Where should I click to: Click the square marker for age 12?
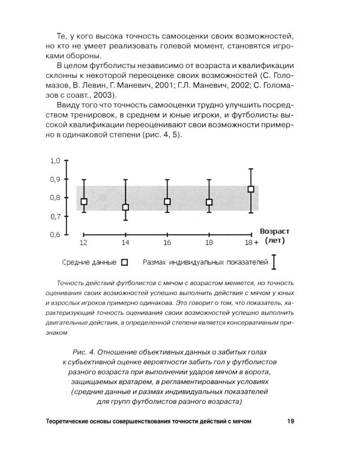point(84,202)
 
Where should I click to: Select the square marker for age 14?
point(125,207)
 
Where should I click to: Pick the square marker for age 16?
point(167,202)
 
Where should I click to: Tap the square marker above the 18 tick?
point(209,202)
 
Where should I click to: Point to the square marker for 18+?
point(251,189)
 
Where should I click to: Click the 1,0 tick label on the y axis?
point(55,161)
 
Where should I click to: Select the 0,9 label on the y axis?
point(55,179)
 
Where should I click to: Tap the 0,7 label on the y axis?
point(55,216)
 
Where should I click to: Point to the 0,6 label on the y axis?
point(55,235)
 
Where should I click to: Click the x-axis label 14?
point(125,242)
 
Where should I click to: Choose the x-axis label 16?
point(167,242)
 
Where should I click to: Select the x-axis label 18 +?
point(251,242)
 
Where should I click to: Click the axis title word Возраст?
point(275,231)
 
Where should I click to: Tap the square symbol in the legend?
point(125,262)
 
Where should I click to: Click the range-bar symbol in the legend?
point(274,262)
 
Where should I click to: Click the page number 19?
point(290,421)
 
